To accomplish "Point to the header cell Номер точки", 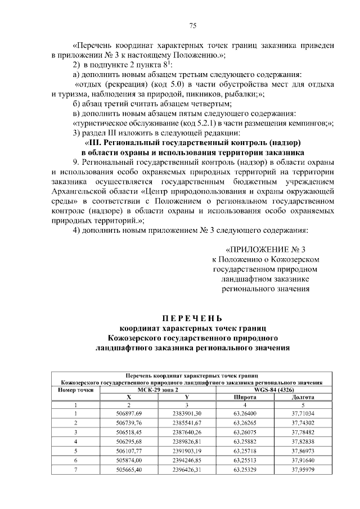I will pos(75,389).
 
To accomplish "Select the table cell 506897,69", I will pos(129,413).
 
